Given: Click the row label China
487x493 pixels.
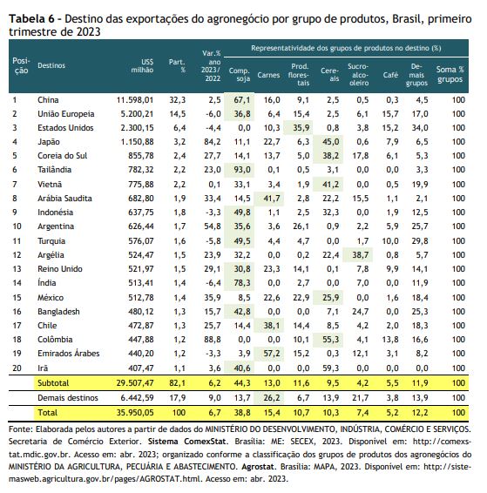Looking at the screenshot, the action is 48,100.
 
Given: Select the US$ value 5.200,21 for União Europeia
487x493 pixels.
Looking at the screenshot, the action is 137,114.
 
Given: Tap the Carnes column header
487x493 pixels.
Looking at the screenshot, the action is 268,75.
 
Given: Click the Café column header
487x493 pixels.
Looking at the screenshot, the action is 390,75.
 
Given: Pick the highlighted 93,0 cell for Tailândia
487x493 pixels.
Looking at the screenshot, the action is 242,170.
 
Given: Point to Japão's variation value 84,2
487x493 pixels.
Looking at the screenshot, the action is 213,142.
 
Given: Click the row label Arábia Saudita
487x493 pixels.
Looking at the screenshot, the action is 64,199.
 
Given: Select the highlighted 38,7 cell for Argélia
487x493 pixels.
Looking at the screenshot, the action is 361,255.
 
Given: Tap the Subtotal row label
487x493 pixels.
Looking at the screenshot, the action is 53,383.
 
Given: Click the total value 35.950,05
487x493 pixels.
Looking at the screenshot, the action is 135,413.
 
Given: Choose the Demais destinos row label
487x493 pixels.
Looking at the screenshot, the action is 68,398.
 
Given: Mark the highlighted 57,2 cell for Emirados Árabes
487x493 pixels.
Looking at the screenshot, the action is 272,354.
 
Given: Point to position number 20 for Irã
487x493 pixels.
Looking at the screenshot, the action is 17,368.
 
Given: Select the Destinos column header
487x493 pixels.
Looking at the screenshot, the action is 51,65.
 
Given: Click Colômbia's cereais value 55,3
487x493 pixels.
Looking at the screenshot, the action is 331,340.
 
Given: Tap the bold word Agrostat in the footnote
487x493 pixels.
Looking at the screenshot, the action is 258,467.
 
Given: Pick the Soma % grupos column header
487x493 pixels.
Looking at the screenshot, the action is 450,74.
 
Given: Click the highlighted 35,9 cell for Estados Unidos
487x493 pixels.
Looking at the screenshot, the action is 301,128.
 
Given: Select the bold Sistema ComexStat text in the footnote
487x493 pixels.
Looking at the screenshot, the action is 186,442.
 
